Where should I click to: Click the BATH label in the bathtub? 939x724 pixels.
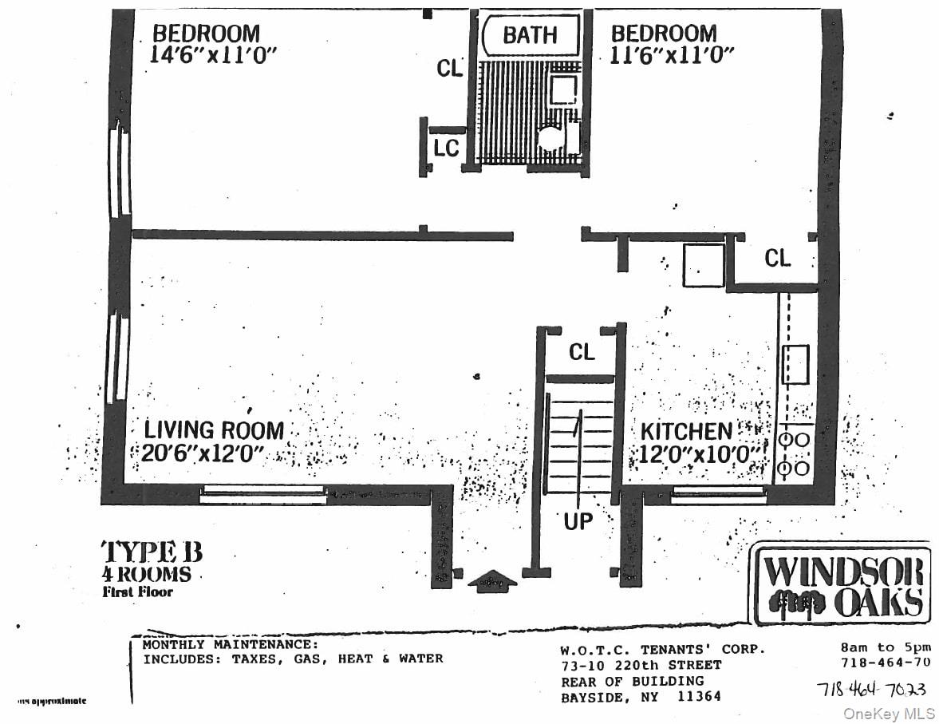coord(530,35)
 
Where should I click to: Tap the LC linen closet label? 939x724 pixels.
coord(446,148)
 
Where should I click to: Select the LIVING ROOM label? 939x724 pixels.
coord(214,429)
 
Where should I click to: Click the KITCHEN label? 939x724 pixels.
coord(686,431)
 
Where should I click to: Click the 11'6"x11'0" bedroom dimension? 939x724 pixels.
coord(672,54)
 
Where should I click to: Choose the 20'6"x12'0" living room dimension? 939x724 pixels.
coord(204,453)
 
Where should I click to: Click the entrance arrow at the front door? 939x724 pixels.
coord(491,580)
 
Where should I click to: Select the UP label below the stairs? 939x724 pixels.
coord(578,521)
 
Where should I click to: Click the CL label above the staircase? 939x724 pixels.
coord(582,352)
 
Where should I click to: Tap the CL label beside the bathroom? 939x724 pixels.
coord(449,69)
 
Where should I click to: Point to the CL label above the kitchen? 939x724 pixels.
coord(777,258)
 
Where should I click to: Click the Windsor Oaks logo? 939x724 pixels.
coord(842,585)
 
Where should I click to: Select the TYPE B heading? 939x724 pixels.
coord(151,552)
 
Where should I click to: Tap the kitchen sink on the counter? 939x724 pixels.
coord(795,364)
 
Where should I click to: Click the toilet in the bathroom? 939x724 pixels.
coord(553,137)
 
